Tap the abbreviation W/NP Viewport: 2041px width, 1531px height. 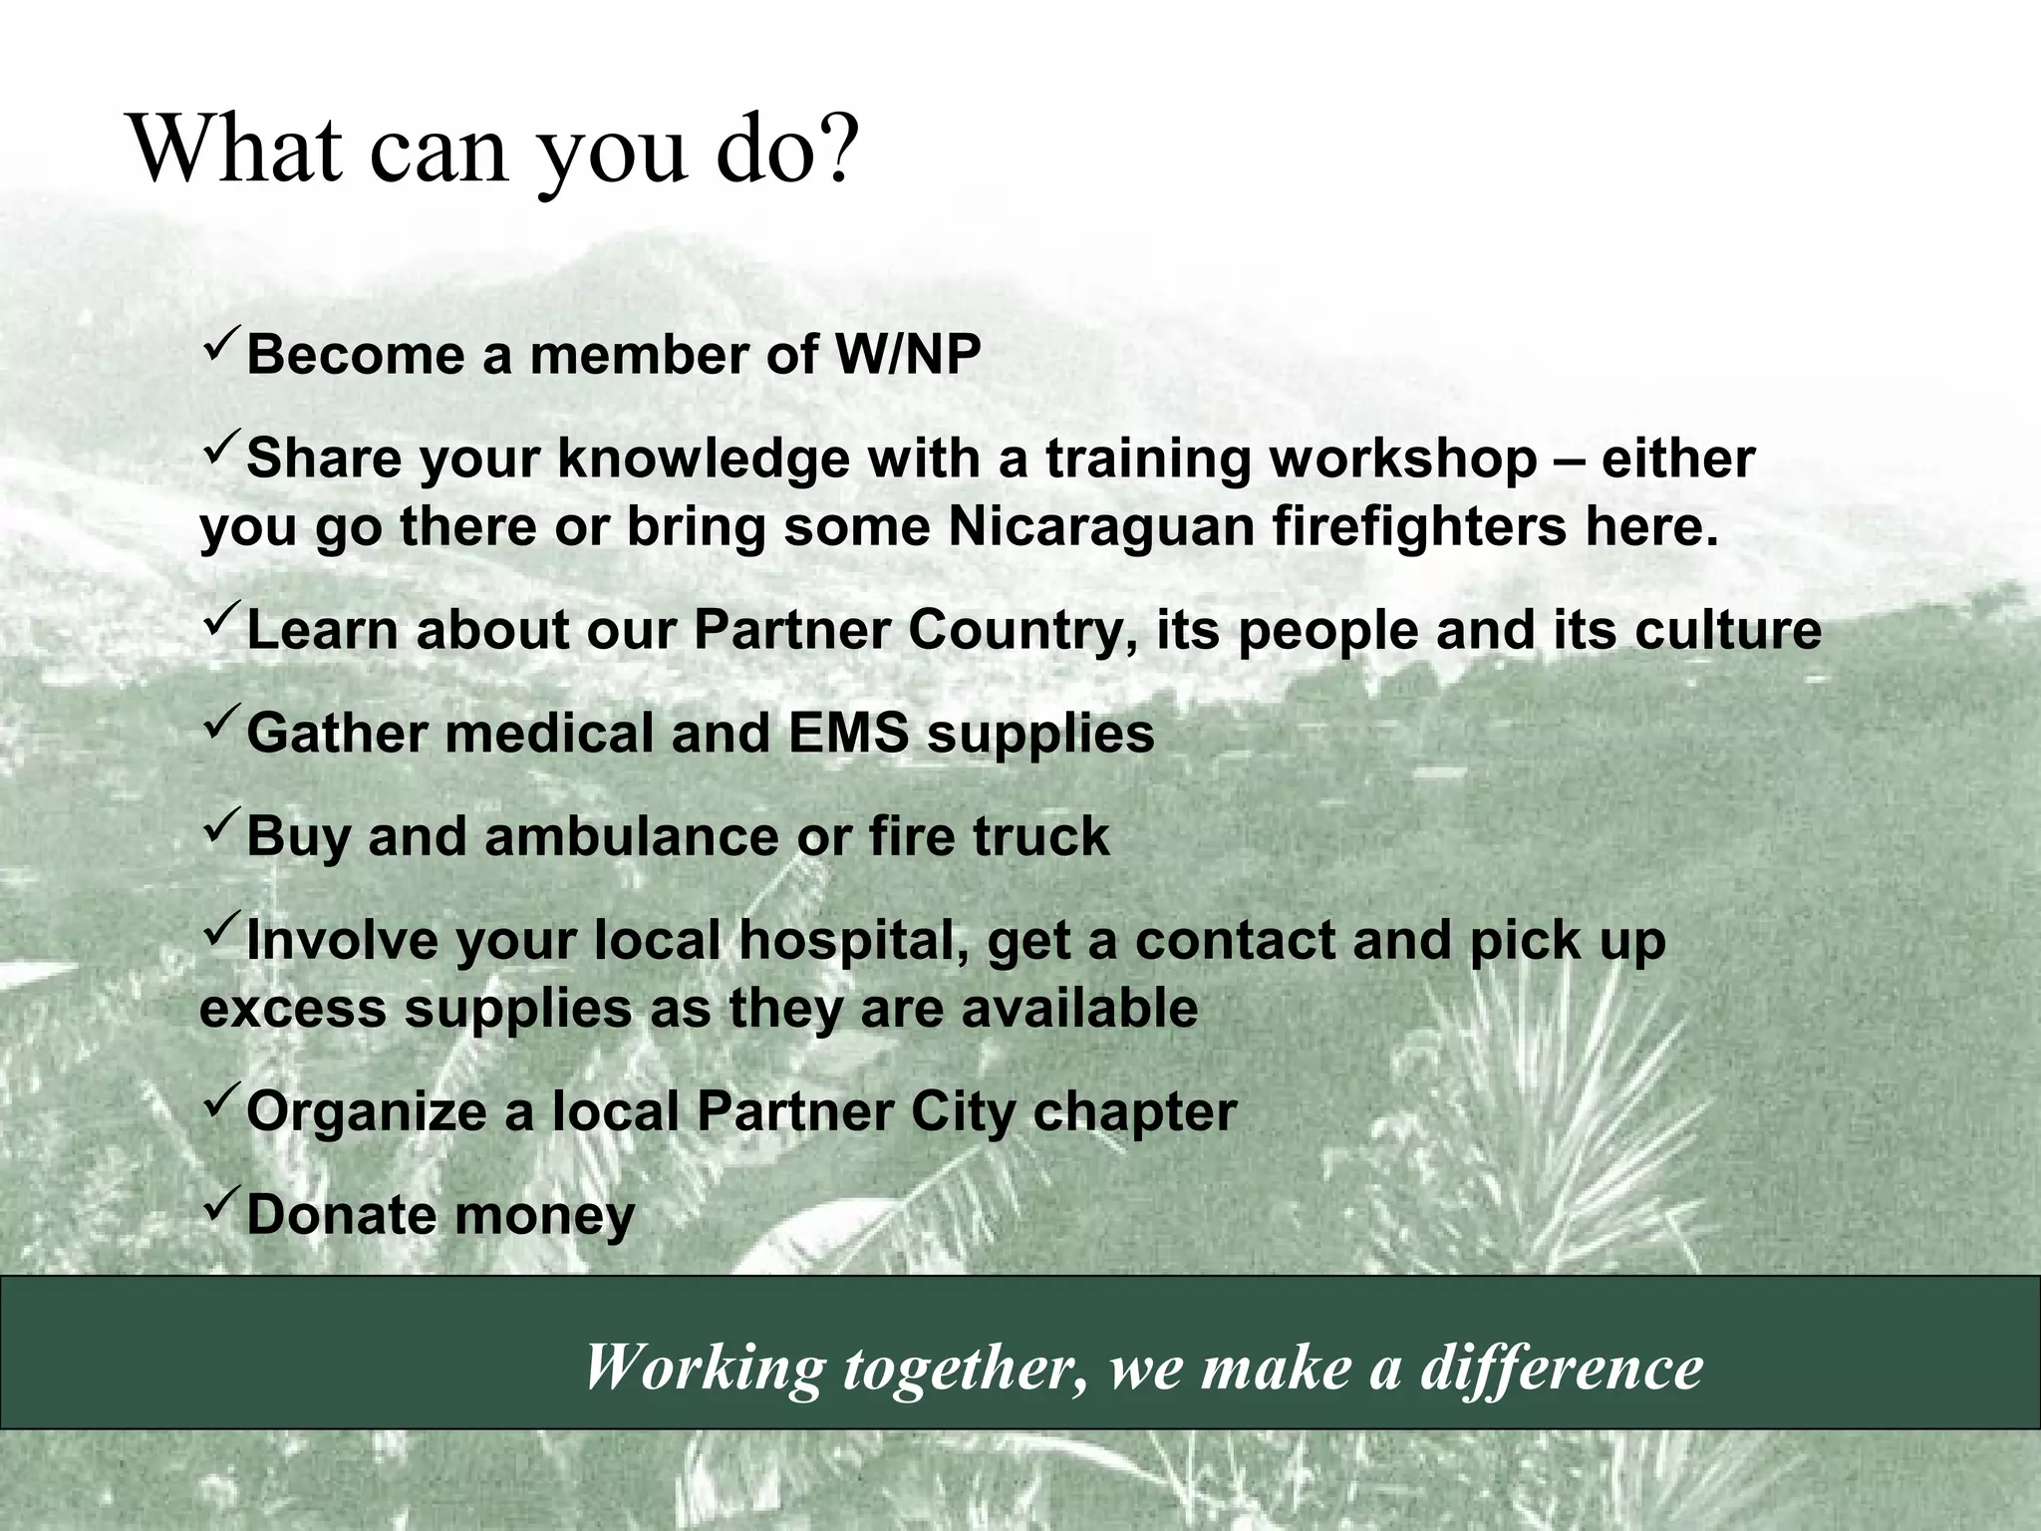click(x=907, y=355)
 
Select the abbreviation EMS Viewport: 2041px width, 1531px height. click(x=847, y=734)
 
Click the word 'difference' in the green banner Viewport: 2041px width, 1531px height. click(x=1561, y=1367)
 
